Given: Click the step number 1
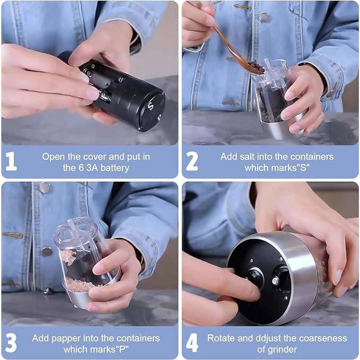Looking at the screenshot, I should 11,162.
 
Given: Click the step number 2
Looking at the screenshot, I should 192,162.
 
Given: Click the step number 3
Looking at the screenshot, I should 11,343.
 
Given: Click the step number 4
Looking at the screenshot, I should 192,343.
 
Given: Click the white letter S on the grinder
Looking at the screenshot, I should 150,104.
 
